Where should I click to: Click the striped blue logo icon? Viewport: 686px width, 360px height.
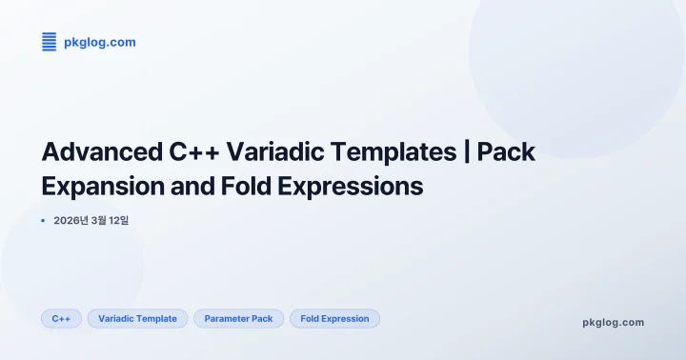pyautogui.click(x=50, y=42)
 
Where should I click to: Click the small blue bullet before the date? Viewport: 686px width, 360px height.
pyautogui.click(x=44, y=221)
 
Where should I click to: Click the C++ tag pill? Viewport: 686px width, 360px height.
pyautogui.click(x=61, y=319)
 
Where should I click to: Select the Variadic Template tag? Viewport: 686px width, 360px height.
pyautogui.click(x=137, y=319)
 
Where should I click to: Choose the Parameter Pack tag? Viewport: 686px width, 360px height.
pyautogui.click(x=238, y=319)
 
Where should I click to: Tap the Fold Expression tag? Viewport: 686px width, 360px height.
pyautogui.click(x=334, y=319)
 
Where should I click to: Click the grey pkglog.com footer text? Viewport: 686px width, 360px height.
pyautogui.click(x=613, y=322)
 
